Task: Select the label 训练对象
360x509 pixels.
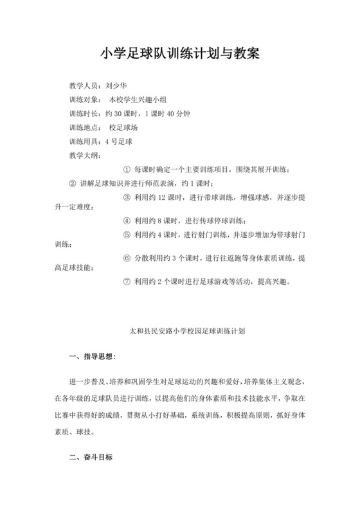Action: [x=84, y=100]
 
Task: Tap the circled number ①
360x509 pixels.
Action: [x=126, y=170]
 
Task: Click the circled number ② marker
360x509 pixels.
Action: [x=73, y=184]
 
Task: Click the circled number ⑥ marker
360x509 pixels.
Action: [x=126, y=257]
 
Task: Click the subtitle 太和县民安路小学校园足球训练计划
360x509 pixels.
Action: [x=179, y=334]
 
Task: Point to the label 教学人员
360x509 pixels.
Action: [x=84, y=85]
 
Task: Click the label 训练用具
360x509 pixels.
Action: [x=84, y=142]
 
